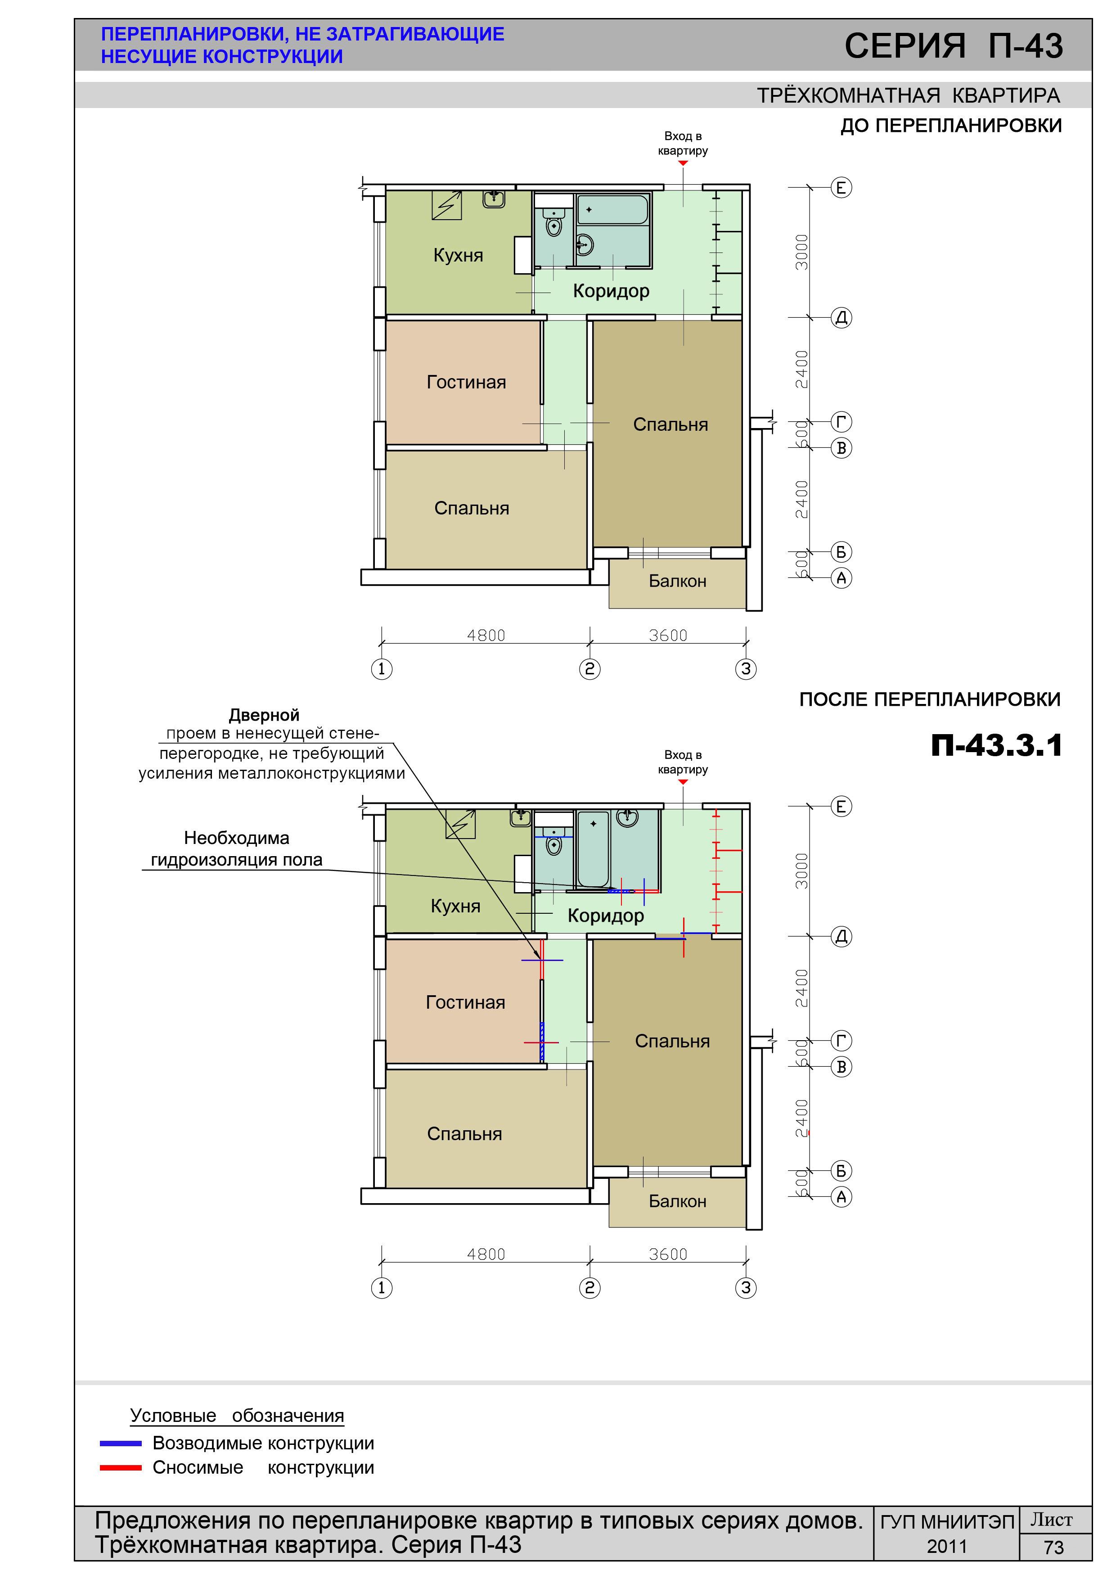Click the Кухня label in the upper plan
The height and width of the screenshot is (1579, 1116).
click(458, 255)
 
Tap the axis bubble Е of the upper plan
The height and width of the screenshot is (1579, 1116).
click(841, 187)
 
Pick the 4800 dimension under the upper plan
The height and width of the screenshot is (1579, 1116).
click(486, 636)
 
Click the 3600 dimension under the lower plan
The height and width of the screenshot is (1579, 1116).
click(668, 1254)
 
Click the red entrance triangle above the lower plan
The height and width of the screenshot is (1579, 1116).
click(683, 782)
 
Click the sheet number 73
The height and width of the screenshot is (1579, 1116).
click(1053, 1547)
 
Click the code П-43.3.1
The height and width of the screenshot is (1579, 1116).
click(996, 745)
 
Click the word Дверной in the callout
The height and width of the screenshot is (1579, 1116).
click(264, 715)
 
